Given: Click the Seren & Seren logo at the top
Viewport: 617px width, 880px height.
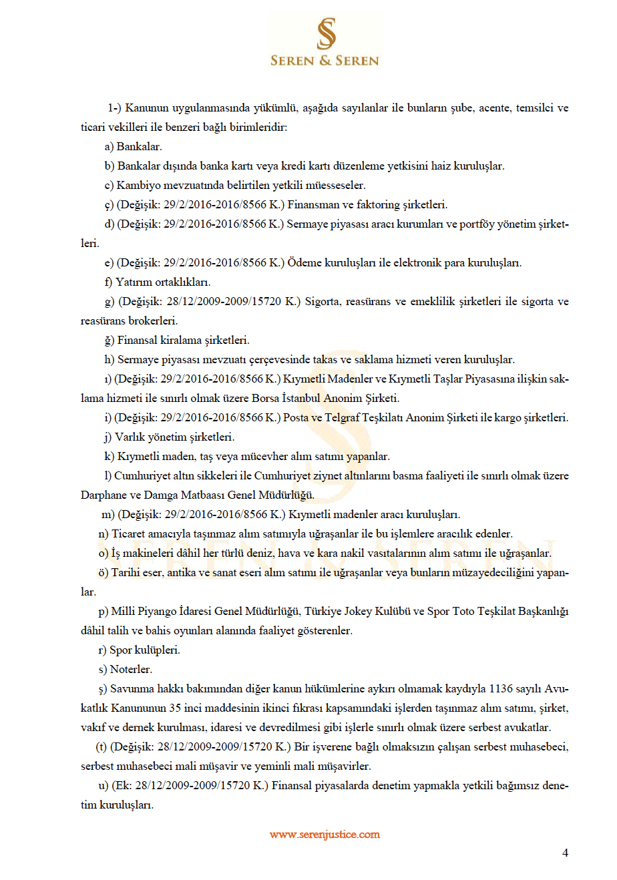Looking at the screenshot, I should pos(325,41).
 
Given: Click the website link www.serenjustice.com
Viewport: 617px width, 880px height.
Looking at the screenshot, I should pos(325,835).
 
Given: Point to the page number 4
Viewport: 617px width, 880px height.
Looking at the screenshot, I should pos(566,853).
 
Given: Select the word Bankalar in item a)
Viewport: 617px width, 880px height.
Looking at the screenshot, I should pos(139,147).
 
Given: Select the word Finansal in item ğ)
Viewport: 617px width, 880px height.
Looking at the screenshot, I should pos(138,341).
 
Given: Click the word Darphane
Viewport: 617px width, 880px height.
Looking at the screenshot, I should pos(104,495).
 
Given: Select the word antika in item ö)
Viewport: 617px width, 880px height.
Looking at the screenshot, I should pos(182,573).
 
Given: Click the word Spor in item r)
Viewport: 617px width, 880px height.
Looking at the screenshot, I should pos(121,650).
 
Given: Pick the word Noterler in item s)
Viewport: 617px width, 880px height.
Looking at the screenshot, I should pos(131,670).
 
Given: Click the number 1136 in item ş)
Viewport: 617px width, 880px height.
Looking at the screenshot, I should pos(501,689).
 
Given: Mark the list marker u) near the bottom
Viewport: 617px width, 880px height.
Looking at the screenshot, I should pos(104,786).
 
